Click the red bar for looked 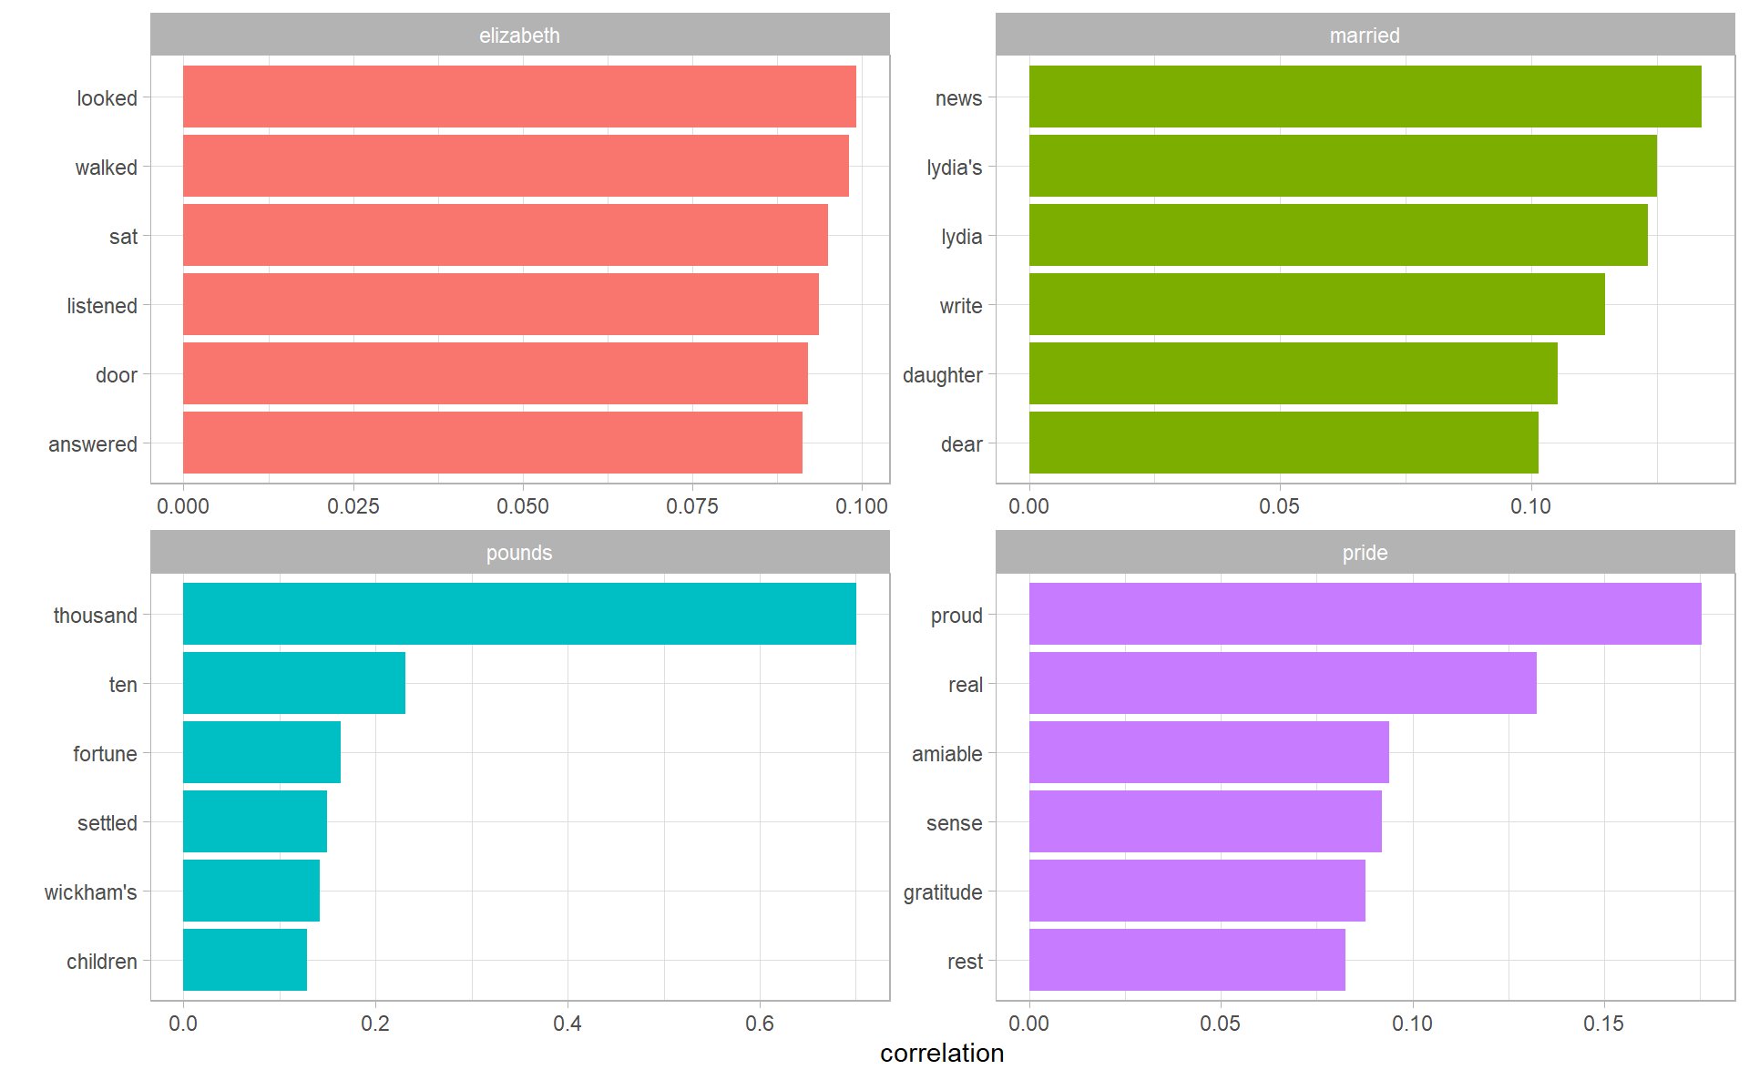(519, 97)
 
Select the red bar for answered (492, 443)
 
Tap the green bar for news (1365, 97)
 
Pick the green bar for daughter (1293, 373)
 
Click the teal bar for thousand (519, 614)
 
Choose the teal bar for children (245, 960)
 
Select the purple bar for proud (1365, 614)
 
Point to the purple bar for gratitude (1197, 891)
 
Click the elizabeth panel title (519, 36)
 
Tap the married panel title (1365, 36)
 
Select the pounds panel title (519, 553)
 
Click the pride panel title (1365, 553)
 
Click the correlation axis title (942, 1054)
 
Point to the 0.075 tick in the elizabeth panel (692, 506)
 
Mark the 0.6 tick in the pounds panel (760, 1024)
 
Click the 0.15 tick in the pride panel (1603, 1024)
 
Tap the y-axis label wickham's (90, 892)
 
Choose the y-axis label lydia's (954, 168)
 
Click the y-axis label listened (101, 306)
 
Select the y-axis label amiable (946, 754)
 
